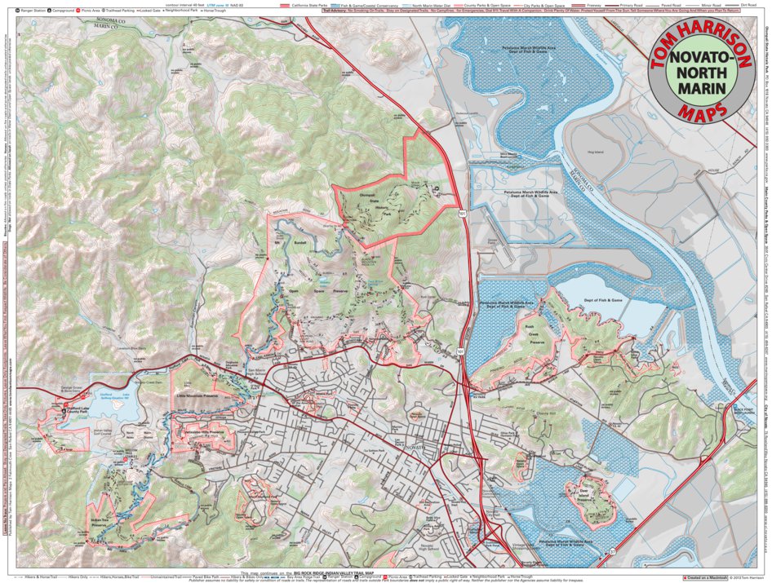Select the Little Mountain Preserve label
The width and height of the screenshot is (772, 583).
[x=194, y=394]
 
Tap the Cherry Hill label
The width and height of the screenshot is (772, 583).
[x=557, y=413]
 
